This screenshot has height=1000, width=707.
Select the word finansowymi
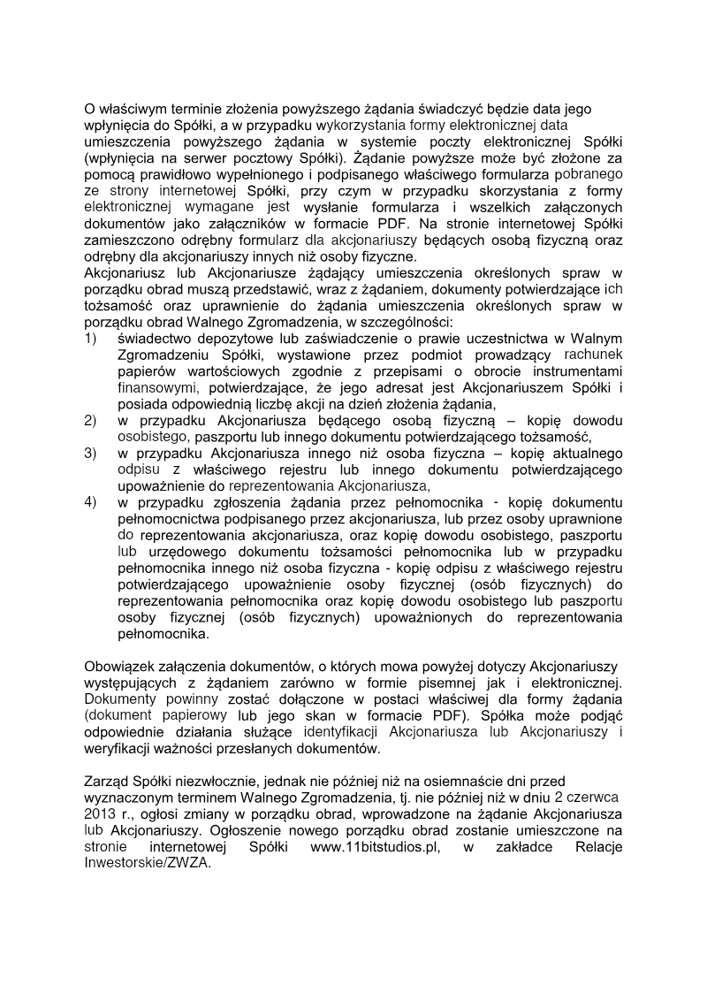point(156,387)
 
